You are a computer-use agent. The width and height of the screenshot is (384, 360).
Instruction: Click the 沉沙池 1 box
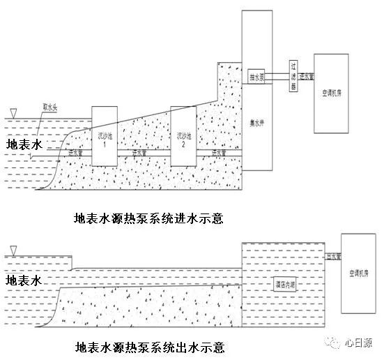104,136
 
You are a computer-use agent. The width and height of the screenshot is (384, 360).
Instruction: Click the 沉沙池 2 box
183,136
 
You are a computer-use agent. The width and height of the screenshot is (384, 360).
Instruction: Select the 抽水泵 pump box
256,73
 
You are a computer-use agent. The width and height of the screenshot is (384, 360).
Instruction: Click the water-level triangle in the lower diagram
12,250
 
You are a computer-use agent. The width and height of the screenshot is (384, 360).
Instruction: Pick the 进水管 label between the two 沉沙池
141,151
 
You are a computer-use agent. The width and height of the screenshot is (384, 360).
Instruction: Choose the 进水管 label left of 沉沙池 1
75,151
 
